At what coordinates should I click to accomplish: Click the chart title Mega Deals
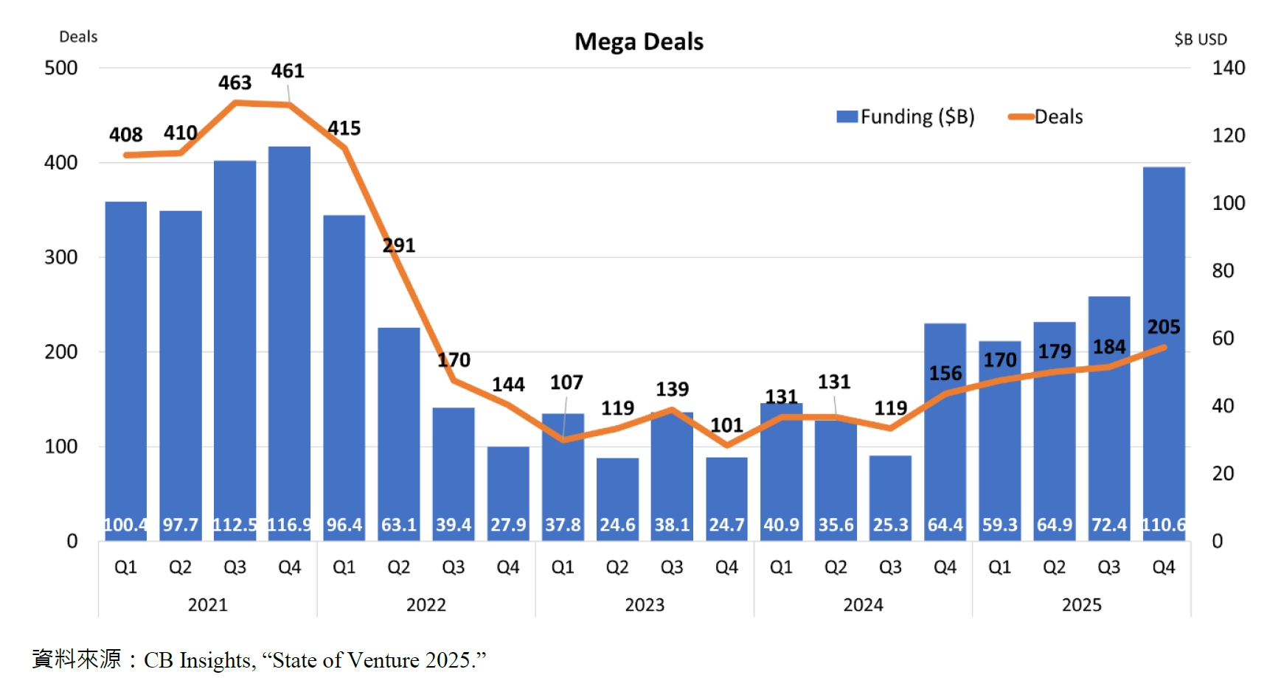(x=639, y=41)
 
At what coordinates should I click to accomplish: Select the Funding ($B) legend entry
(x=906, y=116)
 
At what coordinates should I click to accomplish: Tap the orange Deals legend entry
(x=1046, y=116)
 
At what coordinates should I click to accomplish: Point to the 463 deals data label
(x=235, y=83)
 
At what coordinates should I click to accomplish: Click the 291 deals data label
(x=399, y=245)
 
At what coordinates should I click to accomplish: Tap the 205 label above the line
(x=1164, y=326)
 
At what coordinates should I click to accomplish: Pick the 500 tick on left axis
(x=60, y=68)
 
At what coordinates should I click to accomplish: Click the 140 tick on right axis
(x=1229, y=68)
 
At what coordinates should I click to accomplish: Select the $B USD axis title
(x=1201, y=39)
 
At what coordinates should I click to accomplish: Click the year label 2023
(x=645, y=605)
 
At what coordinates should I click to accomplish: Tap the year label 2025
(x=1081, y=605)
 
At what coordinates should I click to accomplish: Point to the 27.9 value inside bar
(x=508, y=525)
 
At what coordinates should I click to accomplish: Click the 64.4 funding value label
(x=945, y=525)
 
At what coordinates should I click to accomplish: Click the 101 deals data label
(x=726, y=425)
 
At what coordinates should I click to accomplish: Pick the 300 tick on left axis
(x=60, y=257)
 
